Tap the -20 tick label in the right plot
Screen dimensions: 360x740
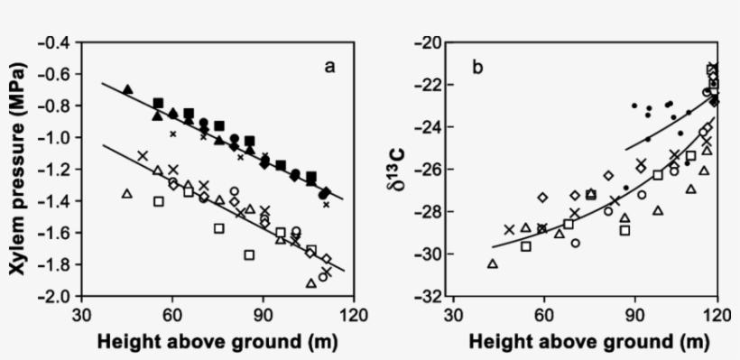(x=430, y=42)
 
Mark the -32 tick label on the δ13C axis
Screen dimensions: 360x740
(x=430, y=297)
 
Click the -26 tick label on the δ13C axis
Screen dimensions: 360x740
(x=430, y=170)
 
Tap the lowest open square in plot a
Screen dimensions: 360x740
(x=249, y=255)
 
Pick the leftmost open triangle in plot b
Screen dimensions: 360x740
(x=492, y=263)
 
